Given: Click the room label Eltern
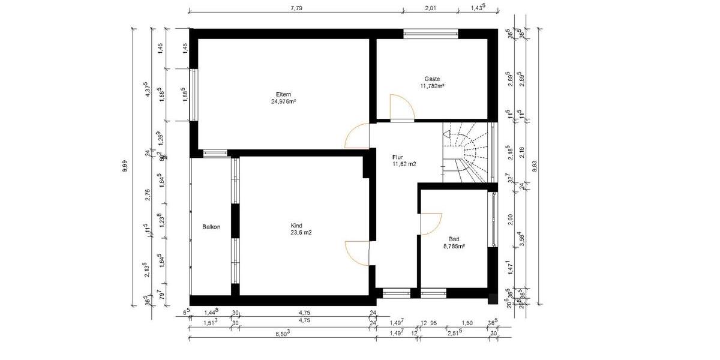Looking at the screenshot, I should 283,94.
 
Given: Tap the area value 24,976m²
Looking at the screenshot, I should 283,101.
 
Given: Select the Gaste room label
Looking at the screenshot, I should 432,79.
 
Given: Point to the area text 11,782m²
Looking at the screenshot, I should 432,86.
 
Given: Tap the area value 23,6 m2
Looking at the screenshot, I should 301,233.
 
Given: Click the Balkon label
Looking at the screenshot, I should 211,227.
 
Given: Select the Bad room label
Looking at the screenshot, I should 454,239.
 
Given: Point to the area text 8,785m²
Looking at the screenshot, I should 454,246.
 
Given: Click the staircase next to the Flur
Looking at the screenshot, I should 465,152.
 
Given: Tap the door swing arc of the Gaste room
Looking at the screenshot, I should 401,107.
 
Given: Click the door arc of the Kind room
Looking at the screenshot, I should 358,252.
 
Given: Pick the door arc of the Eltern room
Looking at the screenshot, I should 358,136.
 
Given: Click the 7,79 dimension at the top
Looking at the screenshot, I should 296,8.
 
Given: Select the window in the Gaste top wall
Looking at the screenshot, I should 430,33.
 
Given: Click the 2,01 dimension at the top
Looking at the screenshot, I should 430,8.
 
